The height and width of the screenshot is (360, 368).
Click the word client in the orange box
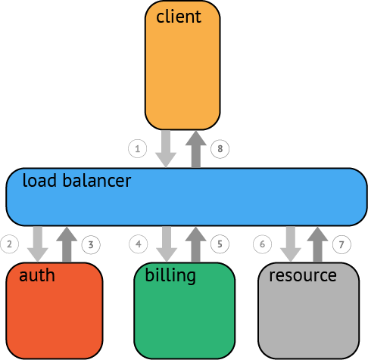[x=179, y=17]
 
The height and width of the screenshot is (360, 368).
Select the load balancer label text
[x=76, y=180]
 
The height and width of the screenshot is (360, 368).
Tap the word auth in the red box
[x=37, y=275]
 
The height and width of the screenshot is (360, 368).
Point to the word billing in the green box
[x=170, y=275]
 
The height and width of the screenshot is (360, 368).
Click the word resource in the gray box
[x=303, y=275]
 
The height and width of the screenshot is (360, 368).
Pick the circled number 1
[x=138, y=149]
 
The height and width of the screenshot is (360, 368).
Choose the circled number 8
[x=220, y=149]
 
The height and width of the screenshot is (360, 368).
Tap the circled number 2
[x=10, y=244]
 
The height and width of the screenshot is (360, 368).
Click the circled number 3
[x=91, y=244]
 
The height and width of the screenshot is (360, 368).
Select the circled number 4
[x=139, y=244]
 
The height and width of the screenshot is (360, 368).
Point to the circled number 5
[x=220, y=244]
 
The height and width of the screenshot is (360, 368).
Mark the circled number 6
[x=263, y=244]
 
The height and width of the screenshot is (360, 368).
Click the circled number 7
[x=341, y=244]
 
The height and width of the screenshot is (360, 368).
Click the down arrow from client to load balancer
[x=166, y=149]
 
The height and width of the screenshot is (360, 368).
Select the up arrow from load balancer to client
[x=196, y=149]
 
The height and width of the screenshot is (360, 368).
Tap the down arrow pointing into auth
[x=38, y=244]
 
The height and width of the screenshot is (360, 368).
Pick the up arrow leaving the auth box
[x=67, y=244]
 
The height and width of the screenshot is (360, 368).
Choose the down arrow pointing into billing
[x=167, y=244]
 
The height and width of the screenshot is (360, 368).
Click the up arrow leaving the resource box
[x=317, y=244]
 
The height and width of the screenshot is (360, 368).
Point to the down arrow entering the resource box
[x=291, y=244]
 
